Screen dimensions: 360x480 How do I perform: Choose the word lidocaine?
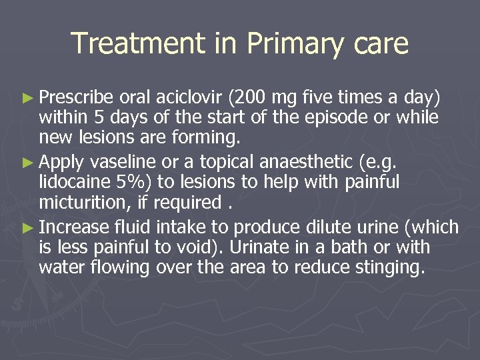[x=71, y=182]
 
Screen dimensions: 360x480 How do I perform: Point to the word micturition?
[x=77, y=201]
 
